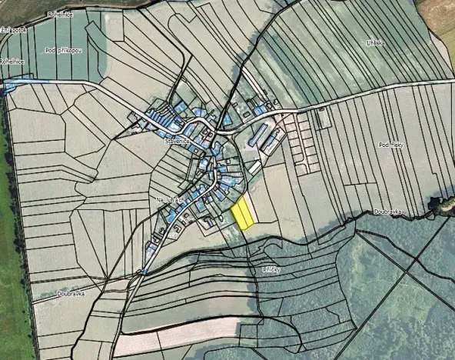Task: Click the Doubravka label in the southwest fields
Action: (70, 293)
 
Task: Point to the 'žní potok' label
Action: (13, 30)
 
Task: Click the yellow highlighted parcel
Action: (243, 214)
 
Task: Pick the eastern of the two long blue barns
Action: (271, 140)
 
